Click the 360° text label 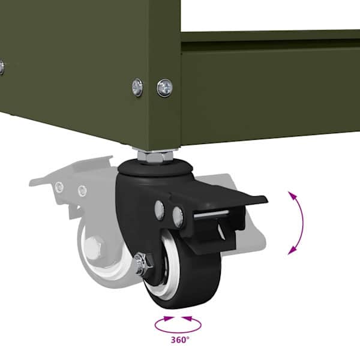click(x=180, y=340)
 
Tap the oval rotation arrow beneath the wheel click(x=178, y=332)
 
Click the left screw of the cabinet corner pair click(x=137, y=87)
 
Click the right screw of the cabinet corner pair click(x=165, y=88)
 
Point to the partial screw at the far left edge click(x=1, y=67)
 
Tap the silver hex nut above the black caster click(x=155, y=156)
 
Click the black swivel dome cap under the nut click(x=155, y=169)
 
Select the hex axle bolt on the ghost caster click(x=94, y=247)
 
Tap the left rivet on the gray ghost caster click(x=59, y=187)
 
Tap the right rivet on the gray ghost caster click(x=82, y=191)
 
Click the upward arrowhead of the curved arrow click(x=292, y=194)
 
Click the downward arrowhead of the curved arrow click(x=292, y=251)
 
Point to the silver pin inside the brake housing click(x=211, y=214)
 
